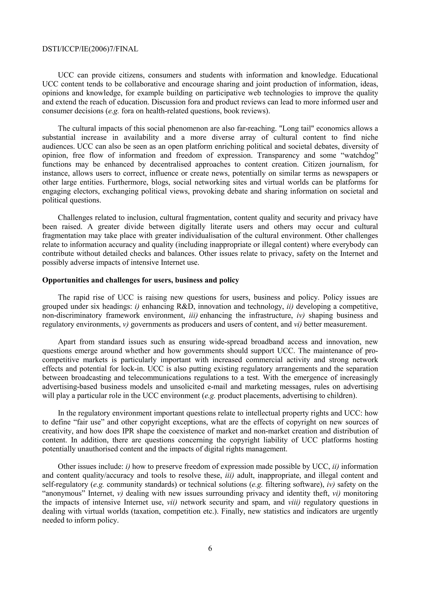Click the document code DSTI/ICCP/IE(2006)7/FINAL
click(90, 49)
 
